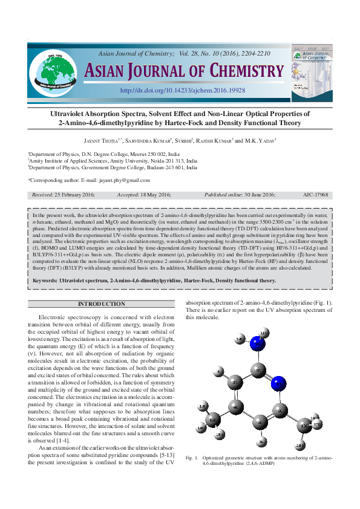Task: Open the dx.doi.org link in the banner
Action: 183,90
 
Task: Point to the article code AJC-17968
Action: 315,195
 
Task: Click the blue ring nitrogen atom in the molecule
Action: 278,382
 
